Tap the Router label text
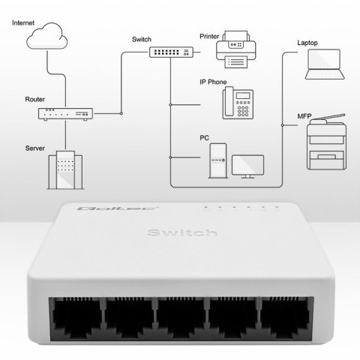(x=34, y=98)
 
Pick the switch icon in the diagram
(x=169, y=51)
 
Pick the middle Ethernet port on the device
(x=179, y=319)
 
